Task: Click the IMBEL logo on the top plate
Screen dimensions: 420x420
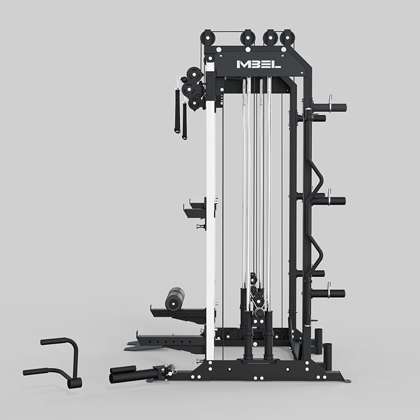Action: (x=259, y=64)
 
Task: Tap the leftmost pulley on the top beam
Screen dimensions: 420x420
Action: (x=208, y=38)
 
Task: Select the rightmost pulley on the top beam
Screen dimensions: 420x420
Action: (x=287, y=38)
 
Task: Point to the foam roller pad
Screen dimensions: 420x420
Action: (x=175, y=299)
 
